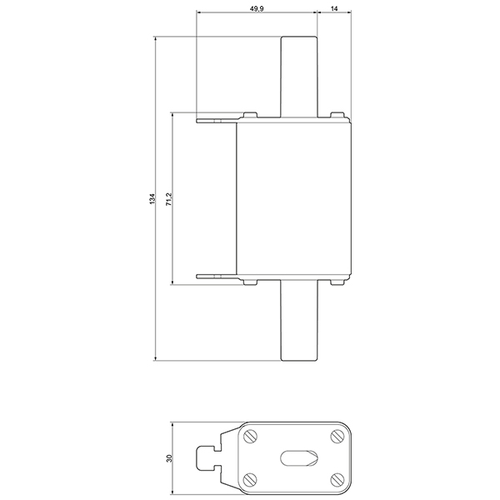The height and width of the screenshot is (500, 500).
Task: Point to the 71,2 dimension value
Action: [168, 199]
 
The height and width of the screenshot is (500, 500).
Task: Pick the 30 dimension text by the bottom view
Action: [168, 458]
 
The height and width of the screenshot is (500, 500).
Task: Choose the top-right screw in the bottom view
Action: [336, 435]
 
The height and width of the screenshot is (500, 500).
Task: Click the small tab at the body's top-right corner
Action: [337, 115]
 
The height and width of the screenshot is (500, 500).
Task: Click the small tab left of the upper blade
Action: [249, 115]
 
